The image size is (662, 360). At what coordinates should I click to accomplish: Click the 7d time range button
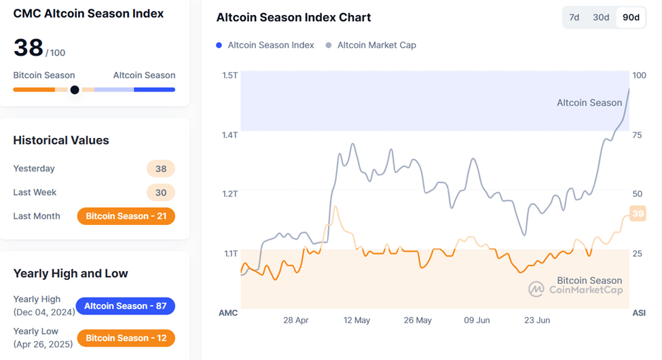click(x=574, y=18)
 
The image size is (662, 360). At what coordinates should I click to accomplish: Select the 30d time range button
click(x=601, y=18)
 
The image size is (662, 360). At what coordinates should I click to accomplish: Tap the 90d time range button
click(x=631, y=18)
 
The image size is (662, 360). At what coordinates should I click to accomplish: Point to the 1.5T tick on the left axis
click(x=229, y=75)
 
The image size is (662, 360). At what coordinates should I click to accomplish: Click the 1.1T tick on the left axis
click(x=229, y=253)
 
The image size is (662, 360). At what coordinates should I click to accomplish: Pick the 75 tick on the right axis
click(x=637, y=135)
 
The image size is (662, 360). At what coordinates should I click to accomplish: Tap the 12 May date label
click(x=356, y=320)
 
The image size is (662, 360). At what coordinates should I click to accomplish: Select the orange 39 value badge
click(x=638, y=213)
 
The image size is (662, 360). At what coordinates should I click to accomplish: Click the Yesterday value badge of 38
click(x=161, y=168)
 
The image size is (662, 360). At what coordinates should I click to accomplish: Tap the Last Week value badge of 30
click(x=161, y=192)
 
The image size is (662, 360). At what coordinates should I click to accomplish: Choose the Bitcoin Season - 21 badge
click(x=126, y=216)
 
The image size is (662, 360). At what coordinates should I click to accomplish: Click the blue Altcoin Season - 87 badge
click(x=125, y=306)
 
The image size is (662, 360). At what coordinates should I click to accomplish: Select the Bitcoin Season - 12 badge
click(x=126, y=338)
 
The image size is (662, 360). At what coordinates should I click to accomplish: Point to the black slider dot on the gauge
click(x=75, y=90)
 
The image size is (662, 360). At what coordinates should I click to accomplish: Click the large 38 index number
click(x=28, y=48)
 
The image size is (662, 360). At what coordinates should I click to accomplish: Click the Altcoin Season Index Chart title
click(x=293, y=18)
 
